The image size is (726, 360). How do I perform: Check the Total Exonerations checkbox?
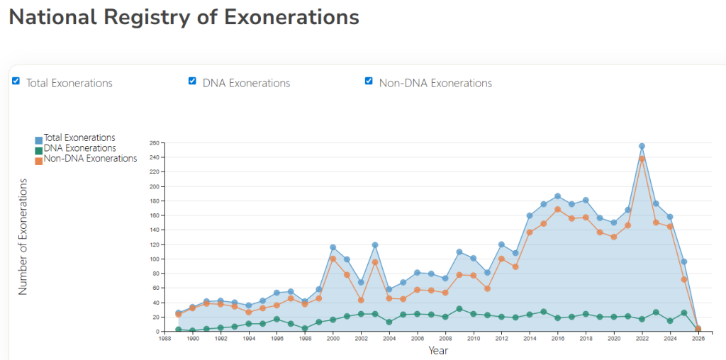coord(16,81)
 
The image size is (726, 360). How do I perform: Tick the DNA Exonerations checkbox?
coord(192,81)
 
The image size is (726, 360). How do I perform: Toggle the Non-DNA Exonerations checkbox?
coord(369,81)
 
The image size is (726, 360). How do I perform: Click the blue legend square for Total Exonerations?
coord(38,140)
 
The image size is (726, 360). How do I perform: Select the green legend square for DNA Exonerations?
coord(38,150)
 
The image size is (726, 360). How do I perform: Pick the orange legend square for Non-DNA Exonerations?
coord(38,159)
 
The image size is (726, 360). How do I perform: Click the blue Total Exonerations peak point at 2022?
coord(642,146)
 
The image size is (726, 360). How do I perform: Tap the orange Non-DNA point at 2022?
coord(642,159)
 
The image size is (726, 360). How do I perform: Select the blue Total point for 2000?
coord(333,247)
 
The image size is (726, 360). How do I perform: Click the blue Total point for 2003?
coord(374,245)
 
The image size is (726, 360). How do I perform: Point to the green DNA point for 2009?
coord(459,309)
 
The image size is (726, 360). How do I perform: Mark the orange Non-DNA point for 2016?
coord(557,209)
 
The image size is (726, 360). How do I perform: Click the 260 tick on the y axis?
coord(153,142)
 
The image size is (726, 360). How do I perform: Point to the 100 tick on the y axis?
coord(153,259)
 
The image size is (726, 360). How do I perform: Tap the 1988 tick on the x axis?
coord(164,339)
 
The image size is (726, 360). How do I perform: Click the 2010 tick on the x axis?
coord(473,339)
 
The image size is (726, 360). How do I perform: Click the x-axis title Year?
coord(438,350)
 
